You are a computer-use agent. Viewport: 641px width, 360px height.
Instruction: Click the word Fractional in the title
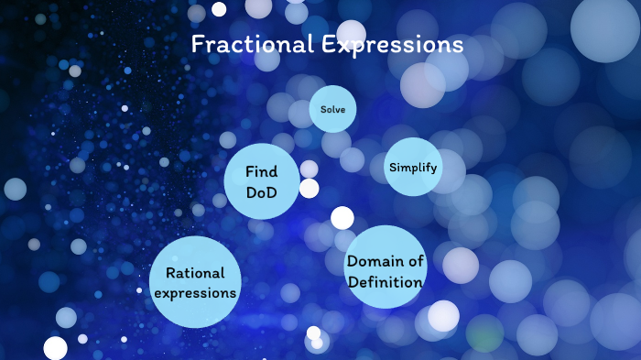244,45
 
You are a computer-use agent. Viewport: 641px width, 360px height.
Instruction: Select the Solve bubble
332,109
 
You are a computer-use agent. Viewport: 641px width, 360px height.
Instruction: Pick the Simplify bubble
413,168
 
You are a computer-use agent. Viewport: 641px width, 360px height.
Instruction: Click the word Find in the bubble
261,171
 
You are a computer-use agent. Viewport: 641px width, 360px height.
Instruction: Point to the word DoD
261,191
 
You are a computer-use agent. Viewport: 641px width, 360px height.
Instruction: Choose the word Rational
195,273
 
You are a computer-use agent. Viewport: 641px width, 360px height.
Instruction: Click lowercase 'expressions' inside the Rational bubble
195,293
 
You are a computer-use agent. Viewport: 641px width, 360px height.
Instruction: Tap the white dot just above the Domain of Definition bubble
342,218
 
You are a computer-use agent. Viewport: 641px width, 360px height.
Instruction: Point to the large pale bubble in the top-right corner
604,27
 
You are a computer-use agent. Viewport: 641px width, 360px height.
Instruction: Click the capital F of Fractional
197,45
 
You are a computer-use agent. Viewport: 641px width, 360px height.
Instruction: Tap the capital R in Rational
170,273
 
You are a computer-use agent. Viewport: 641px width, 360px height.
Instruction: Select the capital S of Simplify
393,168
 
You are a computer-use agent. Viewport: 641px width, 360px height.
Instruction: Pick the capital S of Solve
322,109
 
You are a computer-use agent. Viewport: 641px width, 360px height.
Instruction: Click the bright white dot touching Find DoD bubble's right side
310,189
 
